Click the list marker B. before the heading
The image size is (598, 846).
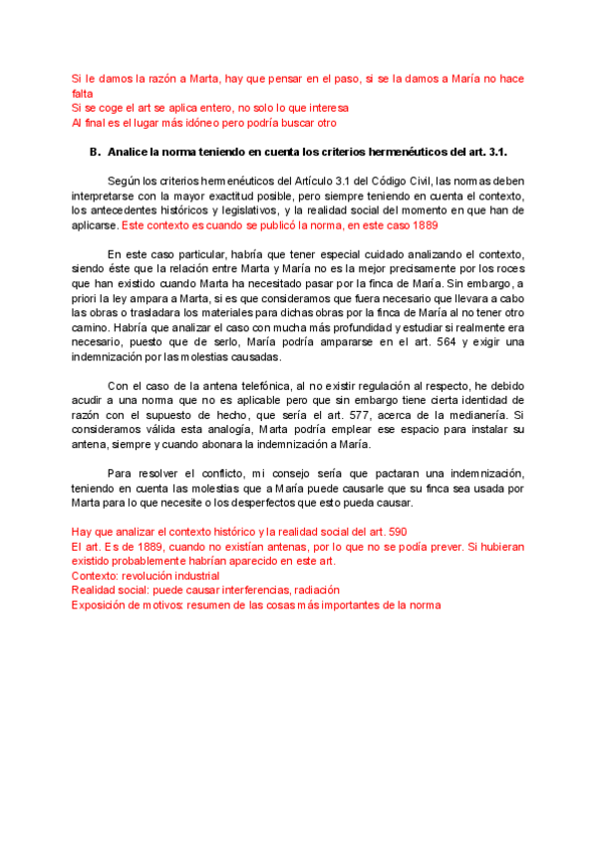coord(95,152)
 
